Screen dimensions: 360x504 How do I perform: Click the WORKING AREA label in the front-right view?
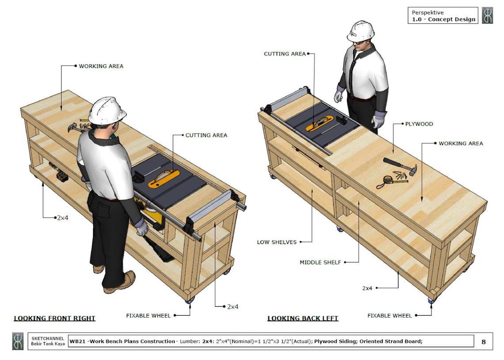tap(101, 66)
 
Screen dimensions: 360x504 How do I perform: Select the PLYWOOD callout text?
tap(419, 124)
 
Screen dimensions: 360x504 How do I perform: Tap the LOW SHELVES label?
tap(277, 242)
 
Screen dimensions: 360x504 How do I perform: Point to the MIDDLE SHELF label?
tap(320, 262)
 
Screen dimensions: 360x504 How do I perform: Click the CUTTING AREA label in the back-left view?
tap(285, 54)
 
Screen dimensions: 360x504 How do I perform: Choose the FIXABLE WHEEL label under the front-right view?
tap(148, 315)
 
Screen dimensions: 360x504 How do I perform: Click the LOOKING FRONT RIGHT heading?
tap(54, 318)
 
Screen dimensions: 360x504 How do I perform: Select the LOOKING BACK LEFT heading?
tap(303, 318)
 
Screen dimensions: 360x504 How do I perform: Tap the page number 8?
tap(483, 341)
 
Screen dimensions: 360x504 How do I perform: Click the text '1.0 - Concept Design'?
tap(443, 19)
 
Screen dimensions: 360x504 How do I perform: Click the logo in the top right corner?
tap(487, 15)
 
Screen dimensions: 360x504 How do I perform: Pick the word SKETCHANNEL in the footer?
tap(48, 338)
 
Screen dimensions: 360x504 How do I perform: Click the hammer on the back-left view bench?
tap(400, 166)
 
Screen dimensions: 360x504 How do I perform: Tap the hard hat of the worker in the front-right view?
tap(107, 110)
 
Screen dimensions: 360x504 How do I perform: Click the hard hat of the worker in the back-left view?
tap(361, 31)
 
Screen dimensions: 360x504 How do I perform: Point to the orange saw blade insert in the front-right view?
tap(164, 178)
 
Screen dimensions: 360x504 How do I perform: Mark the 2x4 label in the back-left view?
tap(367, 288)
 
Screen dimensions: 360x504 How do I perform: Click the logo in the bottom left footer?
tap(18, 341)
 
